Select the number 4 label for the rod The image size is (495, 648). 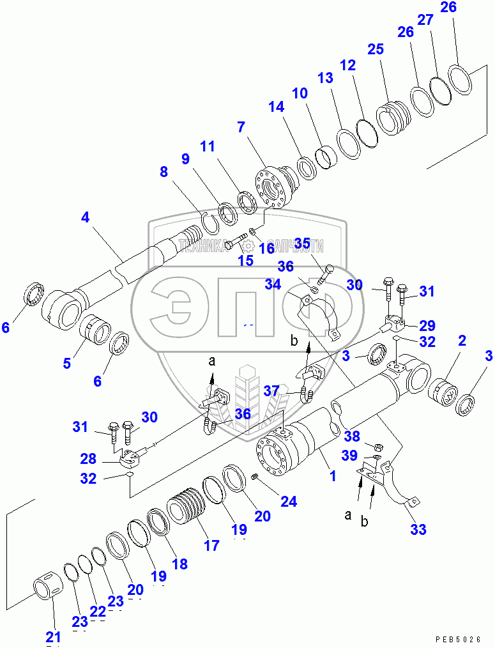point(85,217)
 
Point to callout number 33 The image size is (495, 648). point(418,529)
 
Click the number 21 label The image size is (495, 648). point(53,636)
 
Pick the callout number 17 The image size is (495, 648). point(211,545)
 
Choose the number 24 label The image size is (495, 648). point(289,502)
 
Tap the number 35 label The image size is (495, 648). point(301,243)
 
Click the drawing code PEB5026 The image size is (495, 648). point(458,639)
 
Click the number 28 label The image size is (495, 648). point(89,459)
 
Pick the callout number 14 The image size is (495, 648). point(276,107)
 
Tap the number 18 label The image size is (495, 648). point(179,564)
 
